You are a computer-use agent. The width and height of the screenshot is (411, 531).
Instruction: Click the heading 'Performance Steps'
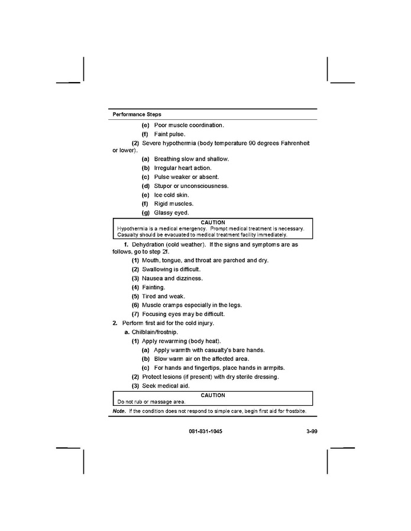pos(137,114)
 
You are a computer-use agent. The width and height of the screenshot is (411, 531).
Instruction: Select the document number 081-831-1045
pos(206,432)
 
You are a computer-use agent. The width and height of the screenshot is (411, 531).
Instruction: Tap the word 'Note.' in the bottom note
pos(119,411)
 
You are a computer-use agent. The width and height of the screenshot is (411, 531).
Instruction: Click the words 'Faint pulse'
pos(170,134)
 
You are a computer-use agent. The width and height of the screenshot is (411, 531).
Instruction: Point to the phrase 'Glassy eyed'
pos(171,213)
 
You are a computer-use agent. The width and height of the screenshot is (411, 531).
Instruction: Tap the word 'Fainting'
pos(153,287)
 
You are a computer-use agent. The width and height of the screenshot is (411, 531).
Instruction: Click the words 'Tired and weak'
pos(162,296)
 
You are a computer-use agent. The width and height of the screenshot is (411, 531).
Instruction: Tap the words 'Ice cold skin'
pos(171,195)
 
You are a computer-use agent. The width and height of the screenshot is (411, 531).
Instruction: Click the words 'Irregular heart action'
pos(182,168)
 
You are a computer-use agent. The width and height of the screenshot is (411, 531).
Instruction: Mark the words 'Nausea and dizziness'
pos(172,278)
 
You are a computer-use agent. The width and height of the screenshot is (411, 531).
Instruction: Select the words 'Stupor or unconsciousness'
pos(191,186)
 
